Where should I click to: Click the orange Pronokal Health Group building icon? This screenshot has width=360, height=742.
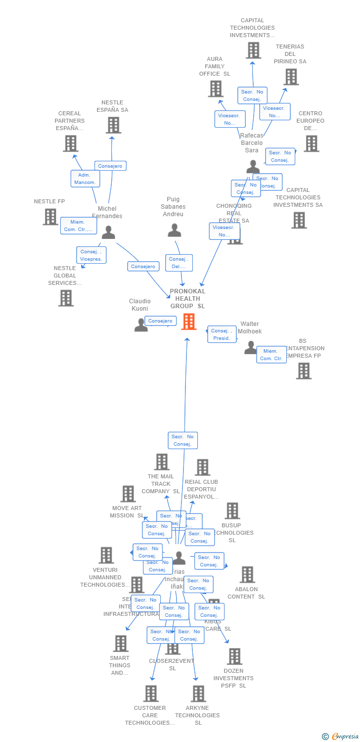coord(188,322)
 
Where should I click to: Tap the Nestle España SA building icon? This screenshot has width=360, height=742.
coord(113,126)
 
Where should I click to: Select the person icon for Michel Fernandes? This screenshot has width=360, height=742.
coord(108,232)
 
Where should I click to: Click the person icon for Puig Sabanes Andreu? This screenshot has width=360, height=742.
coord(174,231)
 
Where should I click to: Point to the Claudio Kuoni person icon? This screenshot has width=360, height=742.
coord(141,325)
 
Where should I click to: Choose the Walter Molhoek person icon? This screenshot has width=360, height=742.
coord(251,348)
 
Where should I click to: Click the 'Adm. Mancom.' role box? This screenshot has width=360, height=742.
coord(85,179)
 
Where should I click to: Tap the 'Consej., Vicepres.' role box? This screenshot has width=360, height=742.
coord(91,255)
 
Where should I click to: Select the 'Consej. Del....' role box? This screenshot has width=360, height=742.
coord(179,263)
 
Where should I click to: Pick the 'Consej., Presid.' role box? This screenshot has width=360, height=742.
coord(222,334)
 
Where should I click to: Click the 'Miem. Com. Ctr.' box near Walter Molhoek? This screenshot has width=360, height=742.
coord(271,355)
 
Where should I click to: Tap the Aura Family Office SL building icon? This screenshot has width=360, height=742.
coord(216,89)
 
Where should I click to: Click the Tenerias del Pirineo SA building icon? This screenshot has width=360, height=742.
coord(291,77)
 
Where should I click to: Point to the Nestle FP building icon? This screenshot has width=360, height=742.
coord(50,217)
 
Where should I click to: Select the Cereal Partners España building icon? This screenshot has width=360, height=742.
coord(71,143)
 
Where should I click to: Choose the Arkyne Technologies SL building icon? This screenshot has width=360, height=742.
coord(198,694)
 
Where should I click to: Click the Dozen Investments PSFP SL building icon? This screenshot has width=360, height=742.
coord(234,656)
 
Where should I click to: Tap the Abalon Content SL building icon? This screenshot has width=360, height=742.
coord(247,575)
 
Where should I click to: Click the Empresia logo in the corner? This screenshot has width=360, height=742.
coord(341,737)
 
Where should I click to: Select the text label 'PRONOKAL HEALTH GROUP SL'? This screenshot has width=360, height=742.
coord(187,299)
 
